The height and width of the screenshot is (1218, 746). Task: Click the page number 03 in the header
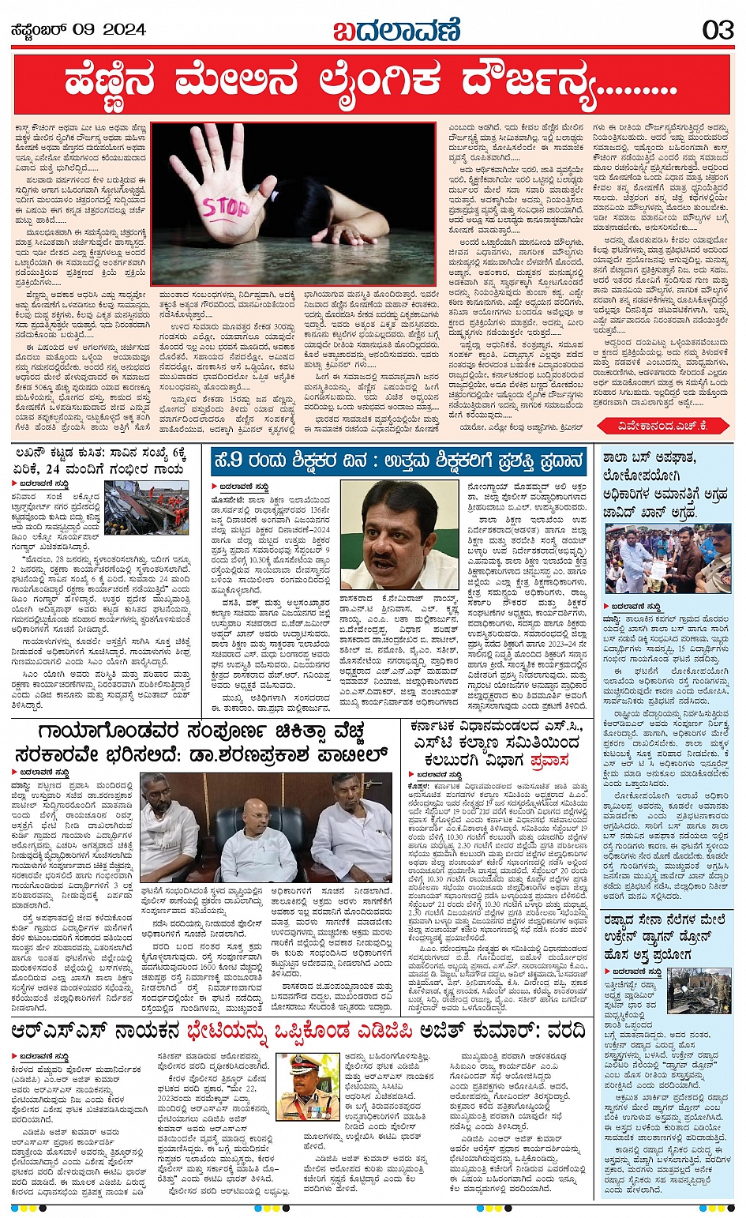[x=718, y=30]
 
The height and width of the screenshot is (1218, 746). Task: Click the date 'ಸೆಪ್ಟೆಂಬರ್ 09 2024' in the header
[x=78, y=30]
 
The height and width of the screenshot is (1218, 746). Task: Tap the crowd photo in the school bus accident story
[x=668, y=558]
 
